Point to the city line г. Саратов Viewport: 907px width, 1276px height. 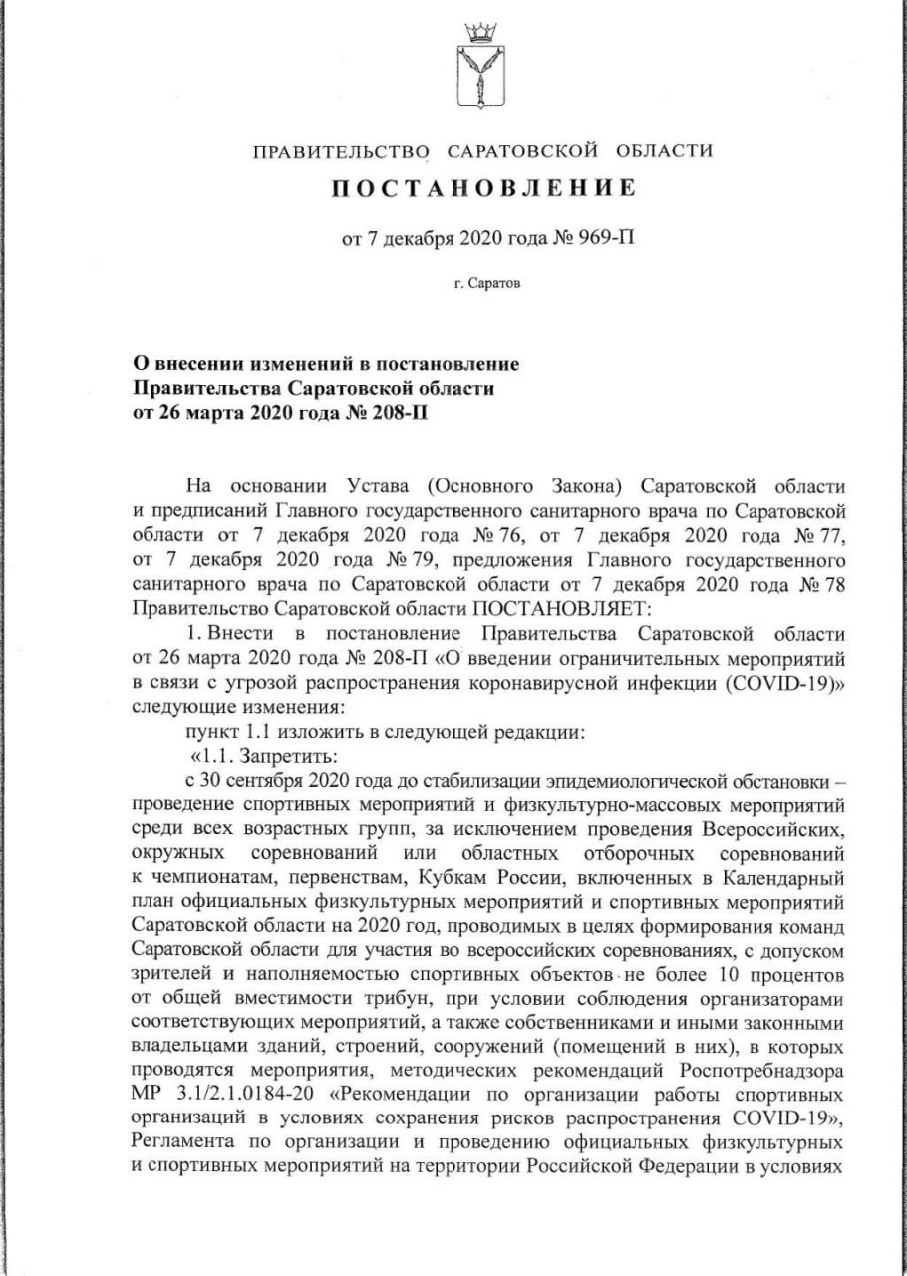(485, 283)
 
